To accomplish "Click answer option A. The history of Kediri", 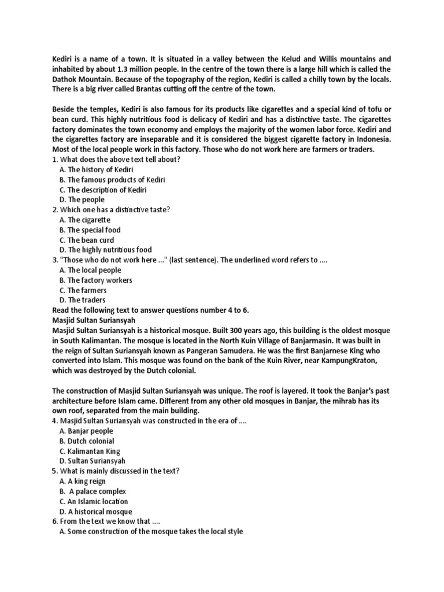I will tap(96, 169).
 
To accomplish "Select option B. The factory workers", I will tap(95, 280).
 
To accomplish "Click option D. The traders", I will tap(82, 300).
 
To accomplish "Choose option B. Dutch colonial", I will tap(87, 441).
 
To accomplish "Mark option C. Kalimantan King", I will tap(90, 451).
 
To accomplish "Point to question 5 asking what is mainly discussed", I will tap(116, 471).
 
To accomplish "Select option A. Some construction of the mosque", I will tap(151, 531).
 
